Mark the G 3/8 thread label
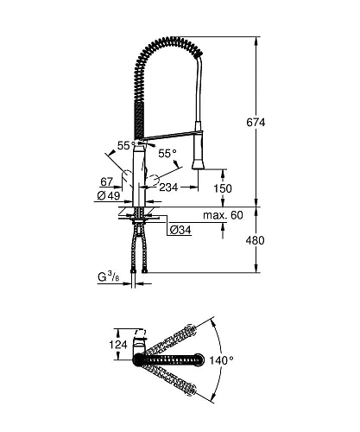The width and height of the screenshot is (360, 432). pyautogui.click(x=109, y=276)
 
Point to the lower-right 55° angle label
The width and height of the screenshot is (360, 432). pyautogui.click(x=167, y=152)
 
